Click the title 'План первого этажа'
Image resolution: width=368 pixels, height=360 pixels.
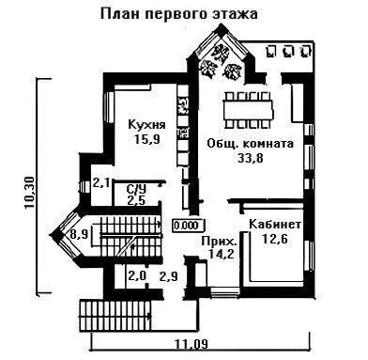(x=179, y=14)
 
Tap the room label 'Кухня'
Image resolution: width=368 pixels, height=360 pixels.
(x=147, y=125)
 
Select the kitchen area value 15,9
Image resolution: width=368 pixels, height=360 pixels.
(x=146, y=139)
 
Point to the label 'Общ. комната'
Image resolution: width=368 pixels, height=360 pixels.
(x=251, y=144)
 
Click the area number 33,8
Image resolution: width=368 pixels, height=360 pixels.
(x=251, y=158)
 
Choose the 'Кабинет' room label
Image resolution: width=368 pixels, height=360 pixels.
(x=275, y=225)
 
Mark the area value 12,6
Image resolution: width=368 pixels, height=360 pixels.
(x=275, y=239)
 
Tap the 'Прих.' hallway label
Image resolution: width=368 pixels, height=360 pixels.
(x=220, y=242)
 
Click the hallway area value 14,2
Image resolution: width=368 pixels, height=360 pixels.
(x=222, y=254)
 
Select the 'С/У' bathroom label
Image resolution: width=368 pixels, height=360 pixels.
(x=136, y=189)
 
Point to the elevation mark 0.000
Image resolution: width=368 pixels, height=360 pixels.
(x=187, y=226)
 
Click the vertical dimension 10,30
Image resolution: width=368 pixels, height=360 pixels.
(x=30, y=192)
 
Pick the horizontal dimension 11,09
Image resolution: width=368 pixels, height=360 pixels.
(x=192, y=345)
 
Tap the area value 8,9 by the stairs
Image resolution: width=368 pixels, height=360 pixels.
(x=78, y=234)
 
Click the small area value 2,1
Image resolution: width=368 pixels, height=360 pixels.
(x=100, y=182)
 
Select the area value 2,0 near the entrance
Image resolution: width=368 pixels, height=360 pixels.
(x=137, y=276)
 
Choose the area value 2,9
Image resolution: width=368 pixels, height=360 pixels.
(x=169, y=276)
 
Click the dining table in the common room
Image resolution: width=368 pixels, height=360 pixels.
(x=248, y=110)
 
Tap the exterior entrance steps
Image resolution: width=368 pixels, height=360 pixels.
(x=115, y=316)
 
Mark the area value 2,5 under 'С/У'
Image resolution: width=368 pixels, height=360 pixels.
(x=136, y=200)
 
